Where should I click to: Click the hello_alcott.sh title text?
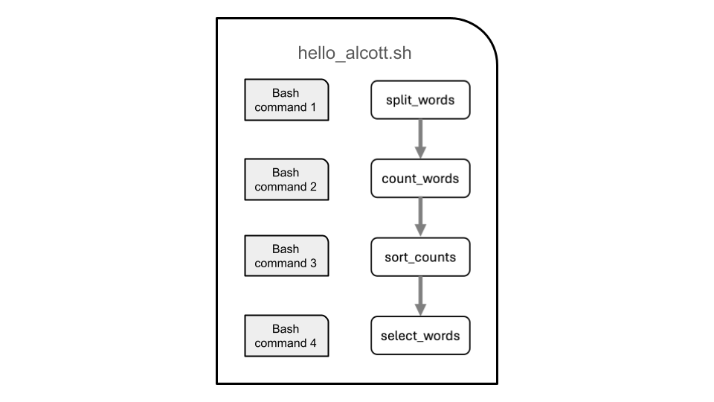pos(355,54)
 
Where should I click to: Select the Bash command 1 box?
pos(286,100)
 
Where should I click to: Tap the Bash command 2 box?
pos(286,179)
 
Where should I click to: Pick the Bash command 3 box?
pos(286,256)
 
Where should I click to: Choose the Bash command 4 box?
pos(286,336)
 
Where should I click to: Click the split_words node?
pos(420,100)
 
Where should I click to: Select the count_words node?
pos(420,179)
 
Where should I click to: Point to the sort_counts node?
pos(420,258)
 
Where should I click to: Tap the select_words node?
pos(420,336)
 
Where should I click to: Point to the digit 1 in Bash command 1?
pos(313,107)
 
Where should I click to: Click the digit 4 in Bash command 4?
pos(313,343)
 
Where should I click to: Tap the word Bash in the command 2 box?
pos(286,173)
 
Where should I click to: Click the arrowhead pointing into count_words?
pos(420,152)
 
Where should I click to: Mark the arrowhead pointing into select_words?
pos(420,309)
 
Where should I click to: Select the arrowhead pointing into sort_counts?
pos(420,231)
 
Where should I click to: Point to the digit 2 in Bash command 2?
pos(313,187)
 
